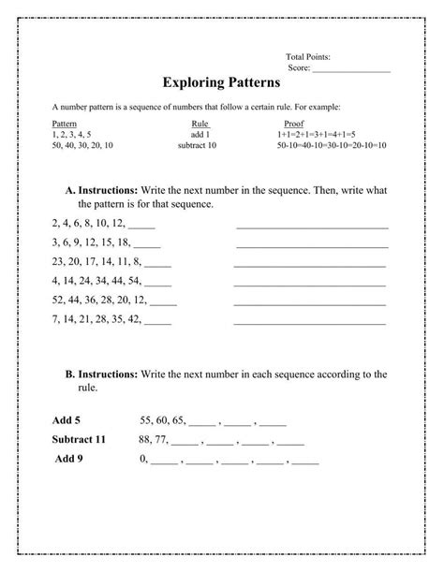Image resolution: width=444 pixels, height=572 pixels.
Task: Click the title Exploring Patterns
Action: click(221, 83)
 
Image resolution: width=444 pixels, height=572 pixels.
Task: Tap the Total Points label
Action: click(308, 57)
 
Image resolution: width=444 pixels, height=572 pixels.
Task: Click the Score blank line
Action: click(351, 69)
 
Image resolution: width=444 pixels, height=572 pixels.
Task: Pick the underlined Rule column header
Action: click(200, 124)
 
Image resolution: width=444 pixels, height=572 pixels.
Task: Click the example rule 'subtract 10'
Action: click(197, 145)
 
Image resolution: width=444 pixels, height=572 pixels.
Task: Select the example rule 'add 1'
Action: click(200, 135)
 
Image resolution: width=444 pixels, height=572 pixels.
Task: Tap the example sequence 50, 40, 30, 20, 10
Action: click(82, 145)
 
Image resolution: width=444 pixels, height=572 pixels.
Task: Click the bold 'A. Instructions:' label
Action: click(102, 190)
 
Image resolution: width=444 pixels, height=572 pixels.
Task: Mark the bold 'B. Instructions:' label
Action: click(102, 374)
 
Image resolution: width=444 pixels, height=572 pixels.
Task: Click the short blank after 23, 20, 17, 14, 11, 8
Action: click(157, 264)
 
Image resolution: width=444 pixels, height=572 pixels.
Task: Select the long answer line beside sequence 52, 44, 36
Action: click(309, 303)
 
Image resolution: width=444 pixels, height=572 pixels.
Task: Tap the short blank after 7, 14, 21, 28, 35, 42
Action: click(157, 322)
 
